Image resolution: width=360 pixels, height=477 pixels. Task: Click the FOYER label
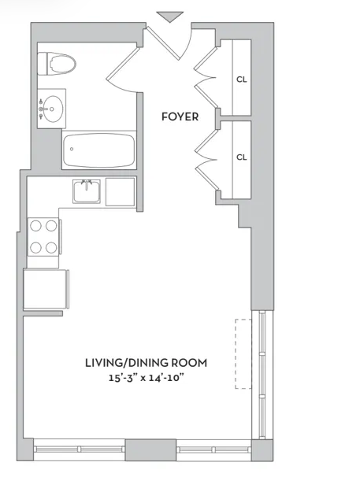tap(180, 116)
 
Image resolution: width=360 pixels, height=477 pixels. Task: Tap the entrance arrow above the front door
tap(170, 17)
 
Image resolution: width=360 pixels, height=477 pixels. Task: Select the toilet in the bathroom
tap(57, 64)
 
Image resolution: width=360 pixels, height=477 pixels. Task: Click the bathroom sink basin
tap(53, 109)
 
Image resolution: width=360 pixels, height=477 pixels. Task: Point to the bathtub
tap(99, 150)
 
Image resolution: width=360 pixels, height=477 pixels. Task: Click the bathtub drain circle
tap(72, 149)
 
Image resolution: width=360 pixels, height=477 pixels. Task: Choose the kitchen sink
tap(87, 191)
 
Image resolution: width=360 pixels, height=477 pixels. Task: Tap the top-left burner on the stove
tap(35, 226)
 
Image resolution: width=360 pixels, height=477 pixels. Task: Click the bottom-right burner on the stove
tap(51, 248)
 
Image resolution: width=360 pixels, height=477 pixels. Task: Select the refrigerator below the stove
tap(46, 289)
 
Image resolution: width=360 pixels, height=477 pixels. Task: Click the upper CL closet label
tap(242, 79)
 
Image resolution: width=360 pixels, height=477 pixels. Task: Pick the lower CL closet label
tap(242, 157)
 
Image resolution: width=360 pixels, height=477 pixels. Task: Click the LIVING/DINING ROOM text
tap(146, 363)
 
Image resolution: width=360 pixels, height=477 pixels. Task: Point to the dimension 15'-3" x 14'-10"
tap(147, 378)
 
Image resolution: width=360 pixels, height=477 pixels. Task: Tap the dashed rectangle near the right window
tap(243, 353)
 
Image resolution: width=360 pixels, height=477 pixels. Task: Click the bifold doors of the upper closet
tap(206, 78)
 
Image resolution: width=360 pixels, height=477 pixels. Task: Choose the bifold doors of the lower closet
tap(206, 160)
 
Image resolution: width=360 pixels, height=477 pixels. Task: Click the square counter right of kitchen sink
tap(121, 191)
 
